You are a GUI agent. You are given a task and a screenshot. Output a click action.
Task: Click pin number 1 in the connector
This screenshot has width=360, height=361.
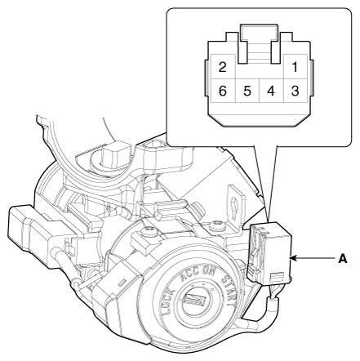[295, 67]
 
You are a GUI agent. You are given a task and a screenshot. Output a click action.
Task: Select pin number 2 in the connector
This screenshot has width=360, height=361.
[223, 67]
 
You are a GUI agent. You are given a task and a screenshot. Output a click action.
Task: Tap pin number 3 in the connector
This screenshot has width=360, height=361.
[296, 91]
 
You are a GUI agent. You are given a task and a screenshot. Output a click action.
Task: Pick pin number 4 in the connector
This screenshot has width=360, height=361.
[271, 91]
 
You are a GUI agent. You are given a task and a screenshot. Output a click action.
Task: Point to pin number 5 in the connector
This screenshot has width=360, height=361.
[247, 91]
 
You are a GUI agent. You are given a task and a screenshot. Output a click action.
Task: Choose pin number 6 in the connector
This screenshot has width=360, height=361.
[223, 91]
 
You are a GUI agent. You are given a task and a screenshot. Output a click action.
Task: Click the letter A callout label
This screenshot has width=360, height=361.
[343, 258]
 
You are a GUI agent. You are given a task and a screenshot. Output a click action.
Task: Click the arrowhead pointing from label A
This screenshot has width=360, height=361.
[295, 258]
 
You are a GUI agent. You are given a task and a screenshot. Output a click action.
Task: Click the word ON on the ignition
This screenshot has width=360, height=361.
[209, 271]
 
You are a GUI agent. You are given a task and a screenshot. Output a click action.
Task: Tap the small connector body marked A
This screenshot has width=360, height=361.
[269, 252]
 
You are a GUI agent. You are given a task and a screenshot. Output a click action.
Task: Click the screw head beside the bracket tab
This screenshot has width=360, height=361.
[216, 225]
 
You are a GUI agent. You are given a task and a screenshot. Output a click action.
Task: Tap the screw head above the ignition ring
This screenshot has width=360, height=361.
[149, 230]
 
